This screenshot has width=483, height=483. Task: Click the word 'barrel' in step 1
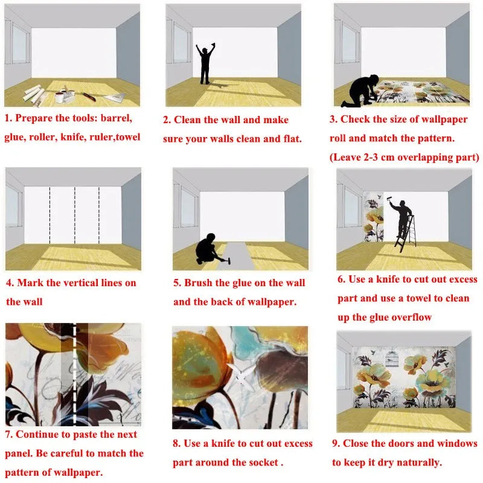[112, 118]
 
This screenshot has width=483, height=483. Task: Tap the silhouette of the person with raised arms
[205, 63]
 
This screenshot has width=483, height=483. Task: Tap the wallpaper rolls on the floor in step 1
[33, 94]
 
